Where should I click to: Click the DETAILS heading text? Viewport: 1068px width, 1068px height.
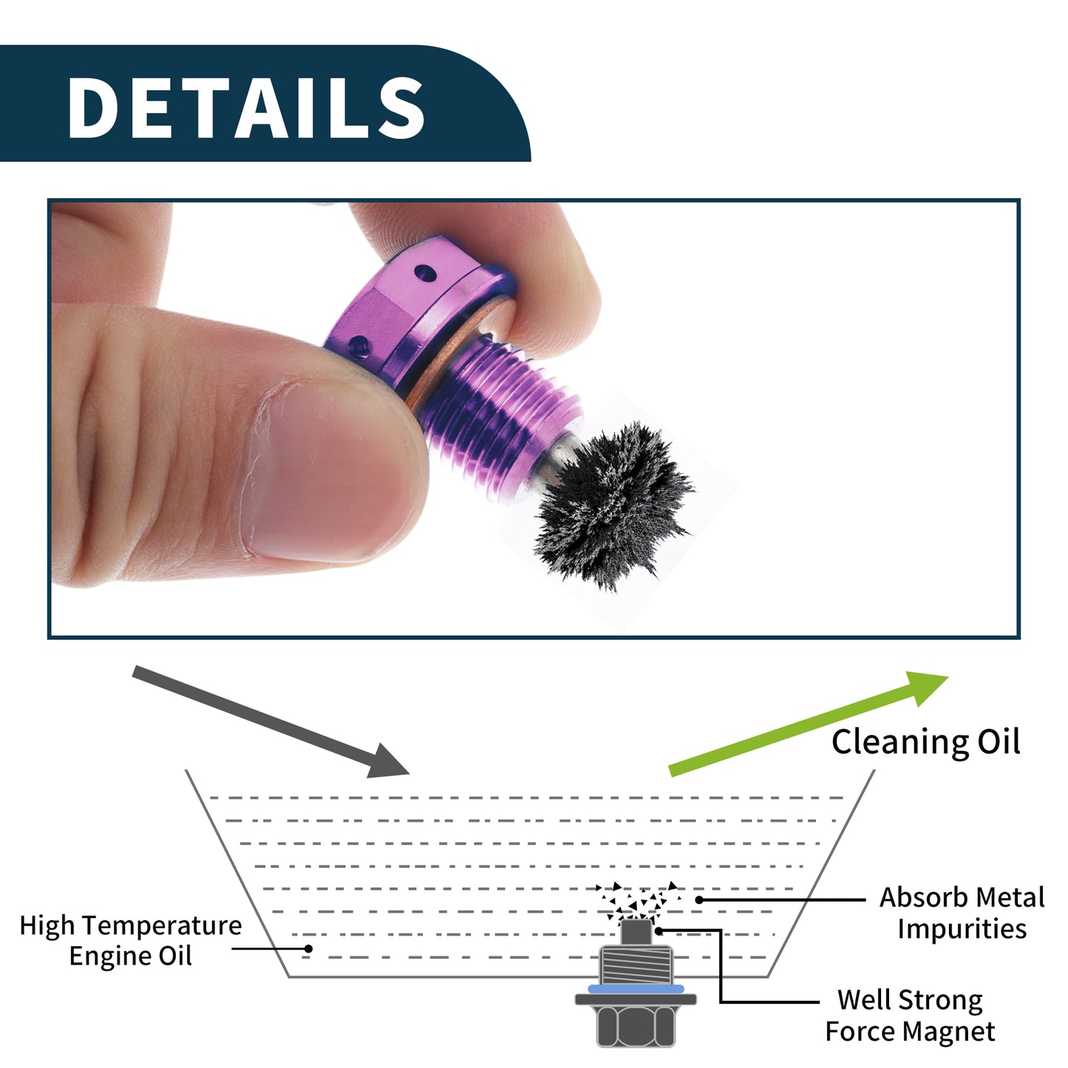(246, 107)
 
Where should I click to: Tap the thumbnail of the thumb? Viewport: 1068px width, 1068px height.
(327, 471)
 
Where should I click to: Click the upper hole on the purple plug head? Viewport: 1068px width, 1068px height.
(425, 272)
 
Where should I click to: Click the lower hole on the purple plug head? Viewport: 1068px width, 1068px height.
(359, 346)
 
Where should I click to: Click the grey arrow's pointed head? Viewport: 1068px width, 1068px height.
(388, 761)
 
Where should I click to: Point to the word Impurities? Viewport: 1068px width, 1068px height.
(962, 930)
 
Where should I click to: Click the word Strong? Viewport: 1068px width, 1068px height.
(941, 1001)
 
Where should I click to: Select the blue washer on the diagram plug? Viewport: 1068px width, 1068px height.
(636, 990)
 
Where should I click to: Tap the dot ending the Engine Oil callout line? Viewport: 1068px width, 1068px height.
(308, 949)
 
